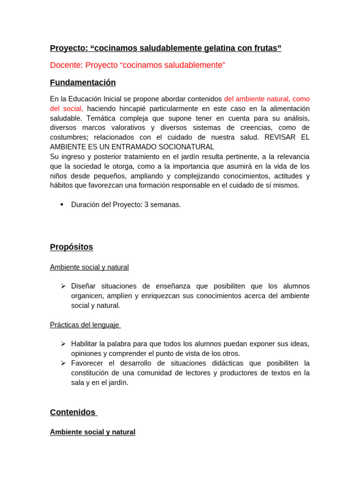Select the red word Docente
click(x=67, y=65)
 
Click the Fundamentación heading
click(x=82, y=82)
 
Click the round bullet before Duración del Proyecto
click(x=62, y=204)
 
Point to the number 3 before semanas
click(x=146, y=205)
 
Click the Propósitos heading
click(x=71, y=247)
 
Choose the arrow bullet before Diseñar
click(x=63, y=286)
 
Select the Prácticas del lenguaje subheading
click(x=84, y=324)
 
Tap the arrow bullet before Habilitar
click(x=63, y=344)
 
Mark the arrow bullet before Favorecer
click(x=63, y=363)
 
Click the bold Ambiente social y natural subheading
click(x=92, y=432)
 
